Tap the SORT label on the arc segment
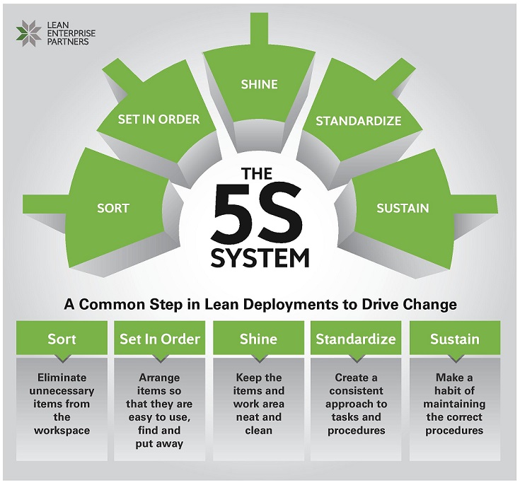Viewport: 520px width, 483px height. (x=113, y=208)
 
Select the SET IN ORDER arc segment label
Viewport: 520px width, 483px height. (x=158, y=119)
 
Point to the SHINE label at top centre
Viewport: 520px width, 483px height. (x=259, y=84)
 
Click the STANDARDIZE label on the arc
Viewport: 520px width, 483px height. (x=358, y=121)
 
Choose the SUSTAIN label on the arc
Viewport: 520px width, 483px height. (x=403, y=208)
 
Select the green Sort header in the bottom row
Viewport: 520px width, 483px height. (x=62, y=339)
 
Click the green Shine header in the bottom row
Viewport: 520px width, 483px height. (x=258, y=339)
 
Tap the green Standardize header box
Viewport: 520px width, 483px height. (x=355, y=339)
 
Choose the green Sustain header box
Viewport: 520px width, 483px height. (x=454, y=339)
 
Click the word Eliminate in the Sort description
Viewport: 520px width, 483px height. (x=62, y=378)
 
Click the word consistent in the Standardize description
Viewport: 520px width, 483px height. (x=357, y=391)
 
